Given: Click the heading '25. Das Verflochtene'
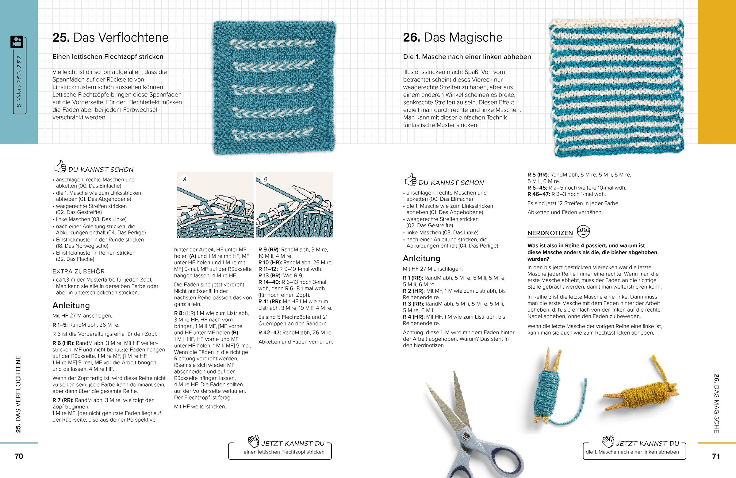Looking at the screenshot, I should (x=110, y=38).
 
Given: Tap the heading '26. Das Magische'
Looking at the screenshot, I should (x=452, y=38).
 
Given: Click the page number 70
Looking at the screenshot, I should (x=19, y=456).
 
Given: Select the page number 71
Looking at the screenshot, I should (x=716, y=456).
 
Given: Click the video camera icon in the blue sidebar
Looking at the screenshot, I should (x=17, y=42).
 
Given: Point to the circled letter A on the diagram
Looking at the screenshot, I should (x=185, y=179).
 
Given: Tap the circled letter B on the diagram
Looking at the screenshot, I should (x=265, y=179).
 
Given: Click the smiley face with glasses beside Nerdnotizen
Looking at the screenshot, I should (x=583, y=231).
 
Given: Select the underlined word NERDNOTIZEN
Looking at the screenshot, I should (x=550, y=233).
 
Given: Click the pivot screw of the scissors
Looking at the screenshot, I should (x=464, y=436).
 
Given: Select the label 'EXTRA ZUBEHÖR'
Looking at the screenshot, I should (x=79, y=271).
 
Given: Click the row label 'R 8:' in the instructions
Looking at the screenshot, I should (x=179, y=313).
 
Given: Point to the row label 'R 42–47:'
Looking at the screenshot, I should (x=269, y=333).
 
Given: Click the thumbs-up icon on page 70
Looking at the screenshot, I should (x=60, y=166).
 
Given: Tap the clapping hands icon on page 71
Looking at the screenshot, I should (x=608, y=442).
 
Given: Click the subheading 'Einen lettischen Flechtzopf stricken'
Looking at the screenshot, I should (x=108, y=57).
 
